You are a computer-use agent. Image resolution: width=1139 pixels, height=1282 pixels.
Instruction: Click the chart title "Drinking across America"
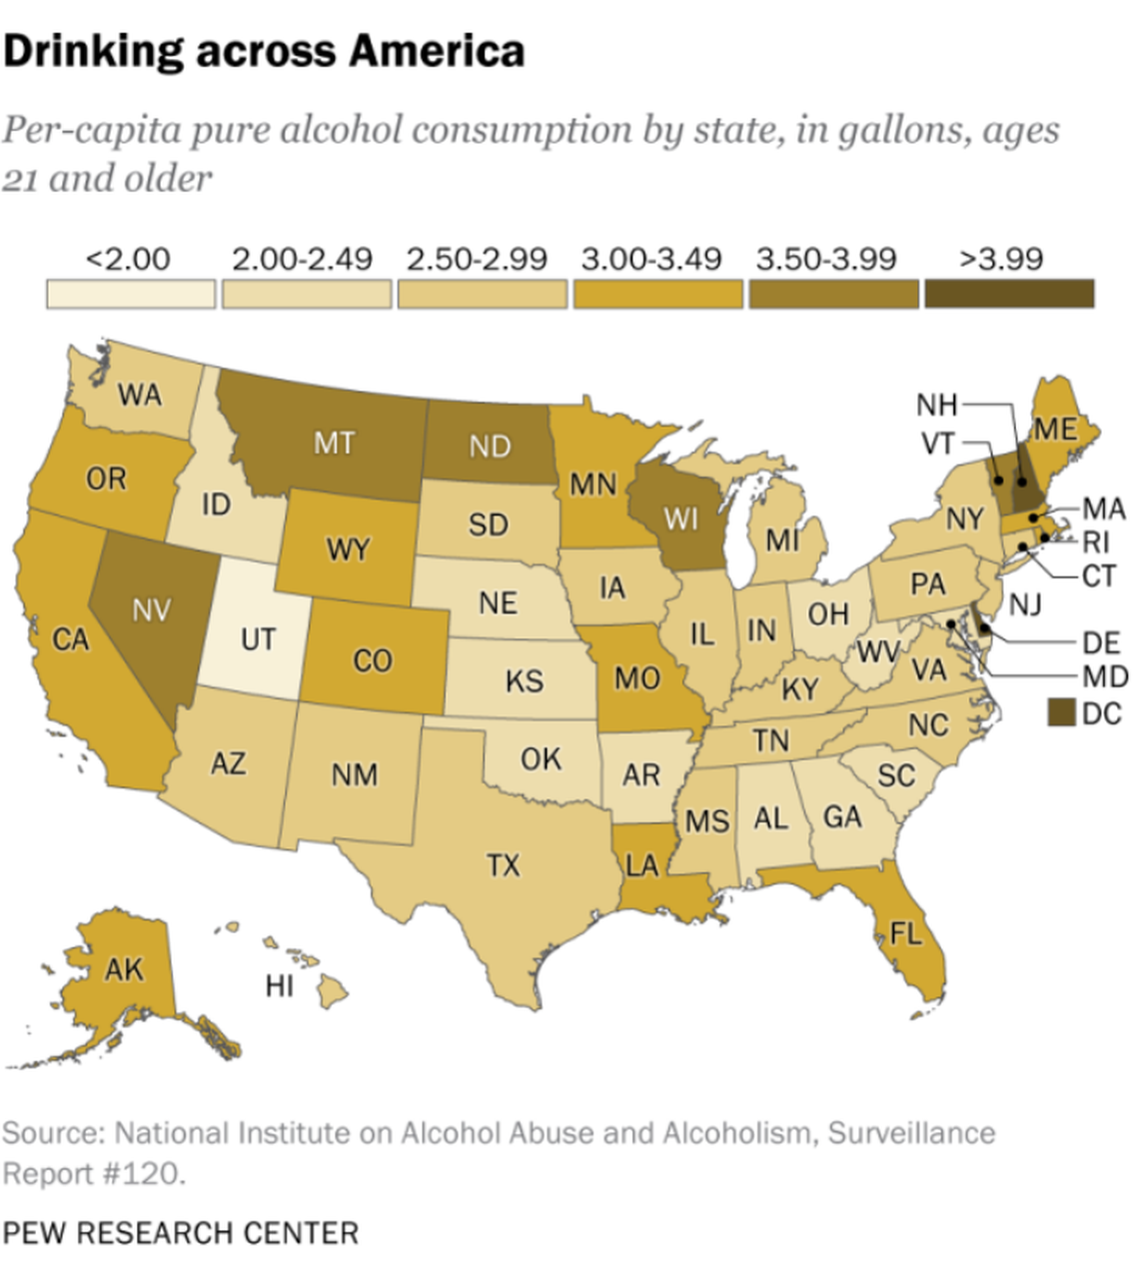(264, 51)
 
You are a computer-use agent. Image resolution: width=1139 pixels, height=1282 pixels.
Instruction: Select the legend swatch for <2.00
(131, 294)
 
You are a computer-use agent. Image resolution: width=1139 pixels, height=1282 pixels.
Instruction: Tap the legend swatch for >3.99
(1008, 294)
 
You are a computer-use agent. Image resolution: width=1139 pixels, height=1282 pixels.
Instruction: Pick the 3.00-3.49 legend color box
(657, 294)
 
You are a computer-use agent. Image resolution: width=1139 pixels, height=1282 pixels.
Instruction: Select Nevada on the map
(150, 610)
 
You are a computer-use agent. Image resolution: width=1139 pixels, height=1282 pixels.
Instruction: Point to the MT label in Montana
(334, 443)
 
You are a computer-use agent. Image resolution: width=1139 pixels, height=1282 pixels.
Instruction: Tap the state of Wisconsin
(682, 520)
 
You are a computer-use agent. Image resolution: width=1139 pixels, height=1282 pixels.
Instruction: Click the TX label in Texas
(503, 864)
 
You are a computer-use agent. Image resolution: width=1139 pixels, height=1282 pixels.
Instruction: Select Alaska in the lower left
(124, 969)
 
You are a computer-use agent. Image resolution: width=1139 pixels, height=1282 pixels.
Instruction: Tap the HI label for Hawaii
(280, 986)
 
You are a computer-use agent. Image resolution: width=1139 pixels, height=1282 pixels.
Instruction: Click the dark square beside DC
(1061, 712)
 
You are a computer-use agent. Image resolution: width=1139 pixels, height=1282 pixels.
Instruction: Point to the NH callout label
(936, 405)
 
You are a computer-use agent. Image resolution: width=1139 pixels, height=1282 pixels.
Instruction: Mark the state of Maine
(1056, 430)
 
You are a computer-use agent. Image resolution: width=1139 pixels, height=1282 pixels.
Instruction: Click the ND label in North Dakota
(490, 446)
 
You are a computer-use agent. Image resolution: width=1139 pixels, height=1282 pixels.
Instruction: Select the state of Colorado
(372, 660)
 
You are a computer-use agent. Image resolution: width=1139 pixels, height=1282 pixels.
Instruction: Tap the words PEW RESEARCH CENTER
(181, 1233)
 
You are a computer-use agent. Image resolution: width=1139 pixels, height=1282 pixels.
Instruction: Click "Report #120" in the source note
(93, 1173)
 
